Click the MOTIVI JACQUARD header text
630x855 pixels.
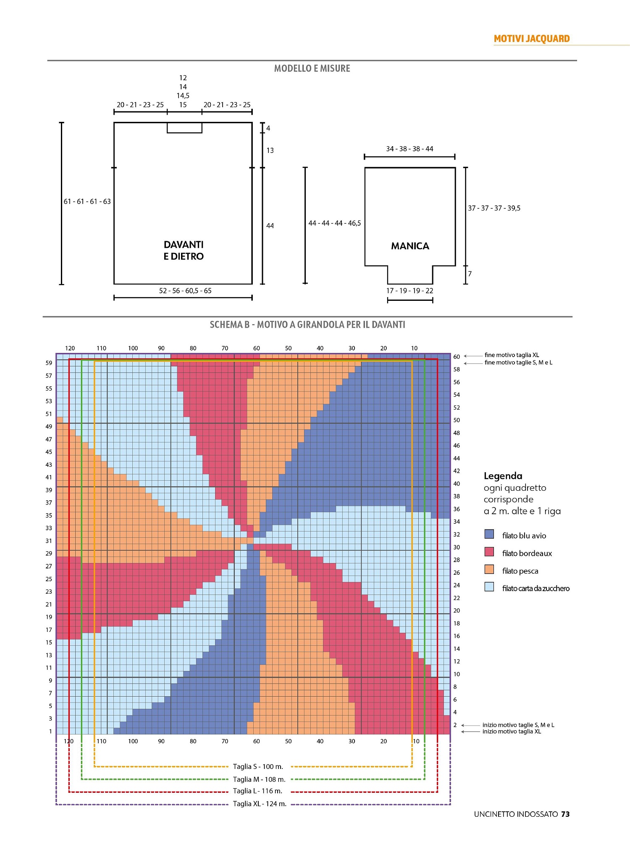tap(531, 39)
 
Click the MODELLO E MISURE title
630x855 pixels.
tap(312, 68)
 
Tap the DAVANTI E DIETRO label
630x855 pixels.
tap(184, 250)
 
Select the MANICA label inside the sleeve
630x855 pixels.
tap(410, 246)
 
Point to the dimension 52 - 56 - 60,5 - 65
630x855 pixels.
tap(185, 291)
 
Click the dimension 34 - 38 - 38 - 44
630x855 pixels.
tap(409, 149)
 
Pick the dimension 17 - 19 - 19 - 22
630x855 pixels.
tap(409, 291)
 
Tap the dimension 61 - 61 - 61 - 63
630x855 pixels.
tap(87, 202)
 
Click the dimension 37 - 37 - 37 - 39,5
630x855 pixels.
tap(494, 208)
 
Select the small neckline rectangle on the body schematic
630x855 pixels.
tap(184, 128)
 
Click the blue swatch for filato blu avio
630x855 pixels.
tap(489, 534)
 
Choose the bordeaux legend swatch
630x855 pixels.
tap(489, 552)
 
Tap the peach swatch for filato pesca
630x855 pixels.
tap(489, 569)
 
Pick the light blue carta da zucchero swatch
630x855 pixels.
tap(489, 587)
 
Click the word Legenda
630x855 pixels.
tap(503, 476)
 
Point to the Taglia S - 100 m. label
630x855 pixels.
tap(258, 767)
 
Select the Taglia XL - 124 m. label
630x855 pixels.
tap(260, 804)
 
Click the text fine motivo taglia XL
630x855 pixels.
tap(512, 355)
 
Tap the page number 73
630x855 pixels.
tap(565, 814)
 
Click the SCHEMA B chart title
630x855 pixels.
tap(307, 325)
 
